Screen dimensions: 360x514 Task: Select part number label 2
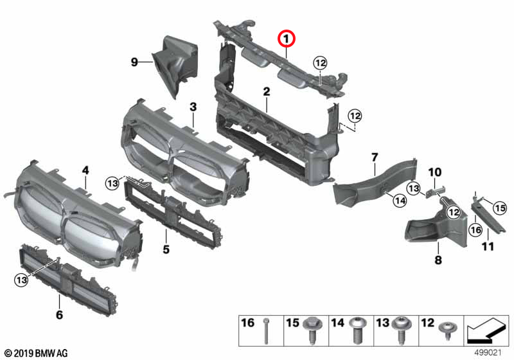[265, 93]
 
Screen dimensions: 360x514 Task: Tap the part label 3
[193, 106]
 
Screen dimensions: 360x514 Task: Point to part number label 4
[85, 170]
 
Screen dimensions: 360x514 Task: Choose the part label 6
[59, 315]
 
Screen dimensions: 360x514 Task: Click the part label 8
[439, 260]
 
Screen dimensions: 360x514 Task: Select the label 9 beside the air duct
[134, 62]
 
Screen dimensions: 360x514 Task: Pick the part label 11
[488, 246]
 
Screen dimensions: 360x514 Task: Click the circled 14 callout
[399, 201]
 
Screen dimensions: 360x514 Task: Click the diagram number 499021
[487, 353]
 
